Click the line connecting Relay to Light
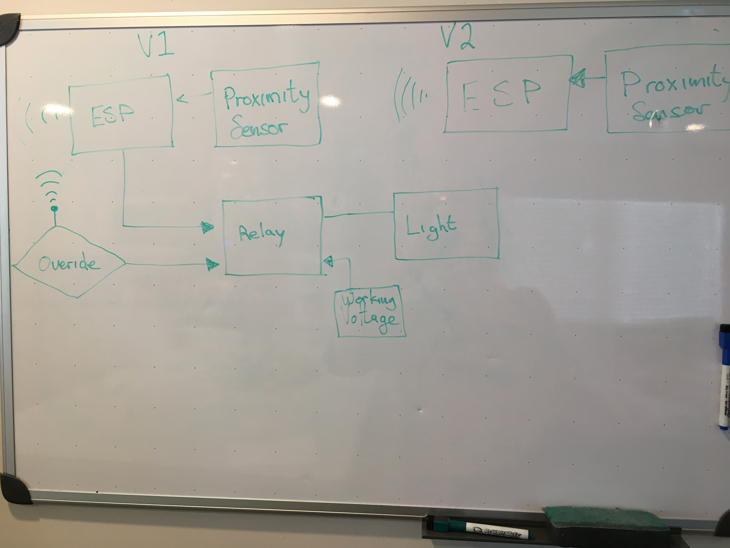[358, 214]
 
